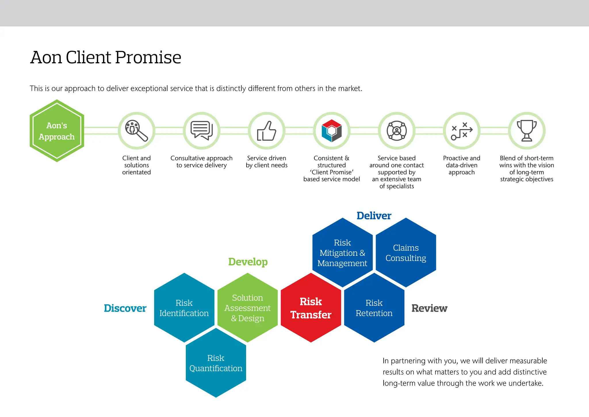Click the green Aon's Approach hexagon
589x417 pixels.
[x=57, y=131]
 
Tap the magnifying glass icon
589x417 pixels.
[x=136, y=131]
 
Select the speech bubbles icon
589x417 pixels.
[x=202, y=131]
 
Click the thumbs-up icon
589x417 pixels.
[x=267, y=131]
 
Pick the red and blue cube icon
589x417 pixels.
[x=332, y=131]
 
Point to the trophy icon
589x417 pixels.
[x=527, y=131]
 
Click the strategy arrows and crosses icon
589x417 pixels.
[x=462, y=131]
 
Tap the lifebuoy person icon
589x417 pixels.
[x=397, y=131]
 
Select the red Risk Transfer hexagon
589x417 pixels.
[x=311, y=308]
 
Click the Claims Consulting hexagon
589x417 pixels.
[x=406, y=253]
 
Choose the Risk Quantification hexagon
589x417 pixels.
[x=216, y=363]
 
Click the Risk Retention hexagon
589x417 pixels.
[x=374, y=308]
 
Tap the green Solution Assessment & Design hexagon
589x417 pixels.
[x=247, y=308]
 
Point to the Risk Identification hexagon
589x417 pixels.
[x=184, y=308]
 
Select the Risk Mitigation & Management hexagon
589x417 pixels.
[x=342, y=253]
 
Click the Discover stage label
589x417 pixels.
[x=125, y=308]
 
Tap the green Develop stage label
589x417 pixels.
[x=248, y=262]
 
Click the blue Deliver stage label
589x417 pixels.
[x=374, y=216]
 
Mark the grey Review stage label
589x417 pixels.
[x=429, y=308]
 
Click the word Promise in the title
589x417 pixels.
[x=148, y=57]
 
